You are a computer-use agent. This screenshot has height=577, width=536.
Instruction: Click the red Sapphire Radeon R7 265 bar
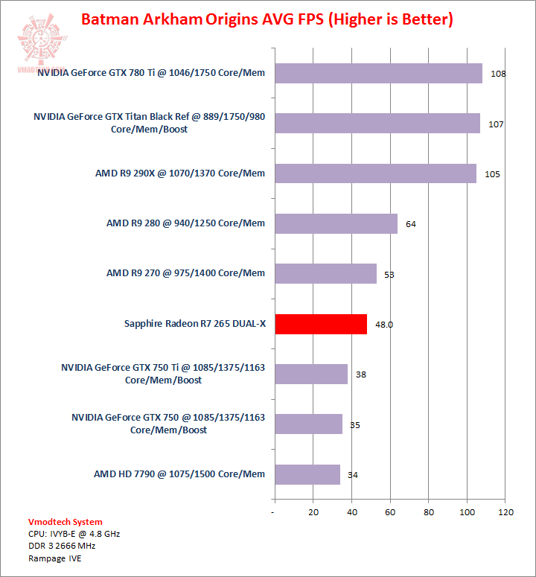pos(321,324)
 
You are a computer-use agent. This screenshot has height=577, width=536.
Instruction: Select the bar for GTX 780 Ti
pos(378,73)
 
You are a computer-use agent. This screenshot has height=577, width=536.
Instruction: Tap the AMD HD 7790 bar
pos(307,474)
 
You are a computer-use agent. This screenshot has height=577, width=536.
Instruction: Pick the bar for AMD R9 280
pos(336,223)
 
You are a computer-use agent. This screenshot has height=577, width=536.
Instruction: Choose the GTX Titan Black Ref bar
pos(377,123)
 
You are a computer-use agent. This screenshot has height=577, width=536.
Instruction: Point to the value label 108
pos(499,74)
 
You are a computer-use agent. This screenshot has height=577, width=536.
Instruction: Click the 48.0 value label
pos(384,325)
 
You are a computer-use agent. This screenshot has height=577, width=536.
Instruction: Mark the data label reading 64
pos(411,223)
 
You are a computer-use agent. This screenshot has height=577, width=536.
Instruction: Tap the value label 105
pos(492,174)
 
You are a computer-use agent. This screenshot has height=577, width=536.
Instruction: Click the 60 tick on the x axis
pos(390,512)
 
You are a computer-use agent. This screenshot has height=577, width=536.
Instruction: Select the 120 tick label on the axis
pos(506,512)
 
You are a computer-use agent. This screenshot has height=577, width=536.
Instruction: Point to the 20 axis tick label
pos(313,512)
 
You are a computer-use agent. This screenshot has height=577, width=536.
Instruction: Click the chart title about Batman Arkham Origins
pos(266,19)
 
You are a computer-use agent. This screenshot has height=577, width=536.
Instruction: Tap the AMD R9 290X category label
pos(180,173)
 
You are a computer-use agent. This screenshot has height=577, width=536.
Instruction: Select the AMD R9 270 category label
pos(185,273)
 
